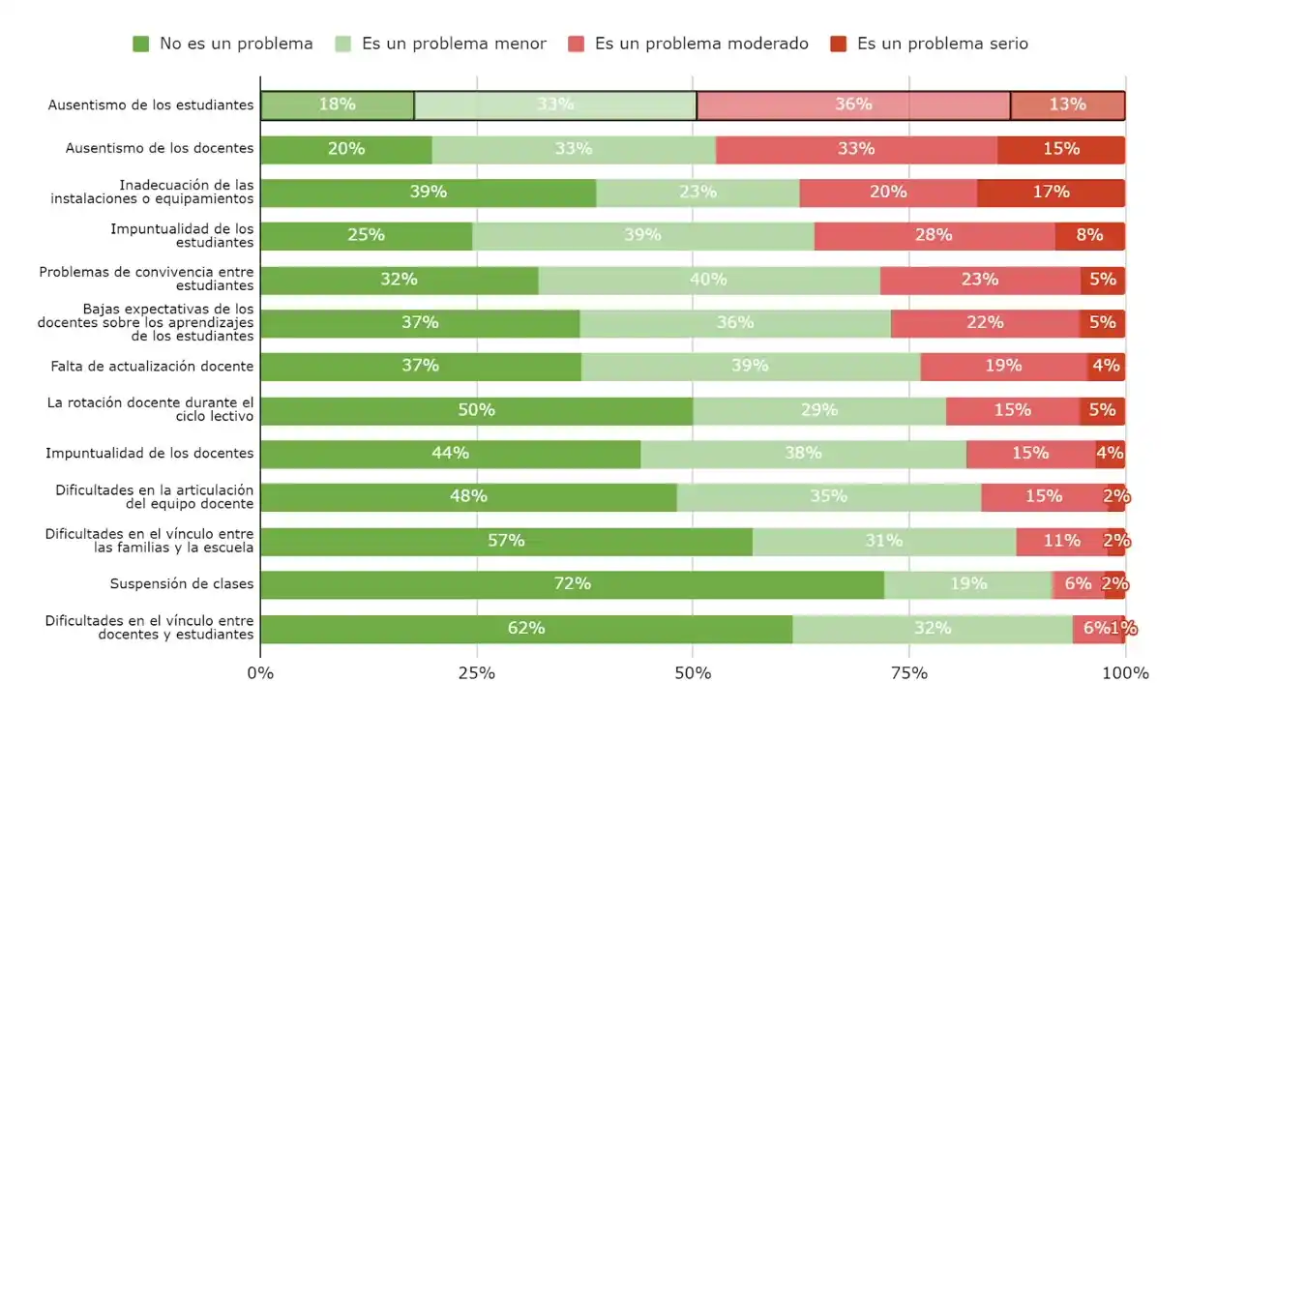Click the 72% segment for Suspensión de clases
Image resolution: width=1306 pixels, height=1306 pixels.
[x=572, y=584]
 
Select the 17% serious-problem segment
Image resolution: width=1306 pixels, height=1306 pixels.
[x=1051, y=193]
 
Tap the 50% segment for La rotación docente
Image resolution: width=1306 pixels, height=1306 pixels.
[x=476, y=410]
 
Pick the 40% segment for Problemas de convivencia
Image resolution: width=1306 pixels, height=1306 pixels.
[x=708, y=280]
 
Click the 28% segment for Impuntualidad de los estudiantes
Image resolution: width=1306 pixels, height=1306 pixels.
[x=934, y=236]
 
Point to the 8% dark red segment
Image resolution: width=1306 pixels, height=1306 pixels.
[x=1089, y=236]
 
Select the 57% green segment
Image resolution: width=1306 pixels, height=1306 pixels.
[x=506, y=541]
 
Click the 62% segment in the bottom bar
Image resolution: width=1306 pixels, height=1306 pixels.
[x=526, y=629]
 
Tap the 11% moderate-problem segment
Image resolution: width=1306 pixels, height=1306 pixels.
[x=1061, y=541]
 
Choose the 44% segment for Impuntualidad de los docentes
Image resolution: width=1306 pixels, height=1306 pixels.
[x=450, y=454]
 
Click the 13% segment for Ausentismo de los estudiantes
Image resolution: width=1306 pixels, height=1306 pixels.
[x=1067, y=105]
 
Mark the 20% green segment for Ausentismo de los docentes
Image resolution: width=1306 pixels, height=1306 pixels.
[x=345, y=149]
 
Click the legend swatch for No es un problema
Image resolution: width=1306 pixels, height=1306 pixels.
[x=141, y=44]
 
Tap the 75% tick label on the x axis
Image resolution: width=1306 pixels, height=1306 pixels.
[x=908, y=673]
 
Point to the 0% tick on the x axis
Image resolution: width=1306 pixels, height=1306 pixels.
[x=260, y=673]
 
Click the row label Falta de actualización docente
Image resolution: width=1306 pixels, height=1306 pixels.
[x=152, y=367]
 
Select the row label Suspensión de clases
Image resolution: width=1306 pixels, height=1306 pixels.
[x=181, y=584]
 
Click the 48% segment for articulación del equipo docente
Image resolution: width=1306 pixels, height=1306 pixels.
[x=468, y=497]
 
